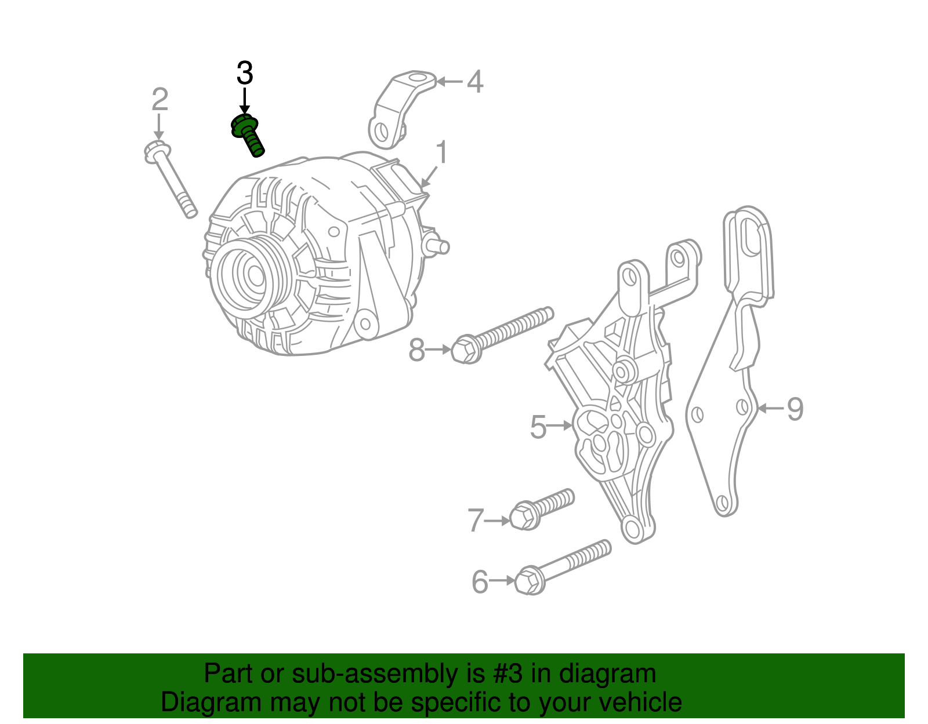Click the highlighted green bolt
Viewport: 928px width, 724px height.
(x=248, y=134)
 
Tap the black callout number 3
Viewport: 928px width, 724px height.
(x=245, y=73)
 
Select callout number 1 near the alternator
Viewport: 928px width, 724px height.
(x=441, y=152)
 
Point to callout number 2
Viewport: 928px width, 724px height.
(x=160, y=99)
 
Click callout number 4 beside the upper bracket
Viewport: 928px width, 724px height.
(x=475, y=82)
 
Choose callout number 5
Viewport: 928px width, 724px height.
(x=538, y=427)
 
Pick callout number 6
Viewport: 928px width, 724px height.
(x=480, y=582)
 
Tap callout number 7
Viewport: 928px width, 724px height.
(x=476, y=521)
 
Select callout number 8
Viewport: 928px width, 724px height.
(x=417, y=350)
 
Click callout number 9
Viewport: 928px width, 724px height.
(x=795, y=409)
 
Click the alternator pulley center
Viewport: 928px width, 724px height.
(x=255, y=276)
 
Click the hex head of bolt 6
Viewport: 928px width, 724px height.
(x=529, y=581)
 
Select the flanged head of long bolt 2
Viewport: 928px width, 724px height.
(x=157, y=152)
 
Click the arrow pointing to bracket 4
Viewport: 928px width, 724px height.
(x=449, y=81)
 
